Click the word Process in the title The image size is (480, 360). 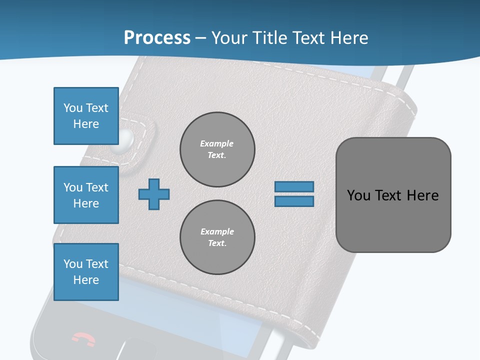(x=157, y=37)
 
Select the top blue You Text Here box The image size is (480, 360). (x=86, y=116)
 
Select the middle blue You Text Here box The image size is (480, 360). (x=86, y=195)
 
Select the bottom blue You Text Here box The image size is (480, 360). (x=86, y=272)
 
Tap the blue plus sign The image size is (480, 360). (x=154, y=194)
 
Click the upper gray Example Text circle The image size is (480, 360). (x=217, y=149)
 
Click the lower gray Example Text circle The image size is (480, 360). (x=217, y=237)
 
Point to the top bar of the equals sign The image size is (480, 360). (x=294, y=187)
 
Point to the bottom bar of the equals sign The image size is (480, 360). (x=294, y=201)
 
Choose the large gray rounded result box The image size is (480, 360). (x=393, y=195)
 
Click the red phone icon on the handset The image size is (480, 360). (x=83, y=339)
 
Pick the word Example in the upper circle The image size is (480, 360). (x=217, y=143)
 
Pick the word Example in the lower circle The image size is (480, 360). (x=217, y=231)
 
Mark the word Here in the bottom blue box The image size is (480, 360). (x=86, y=280)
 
